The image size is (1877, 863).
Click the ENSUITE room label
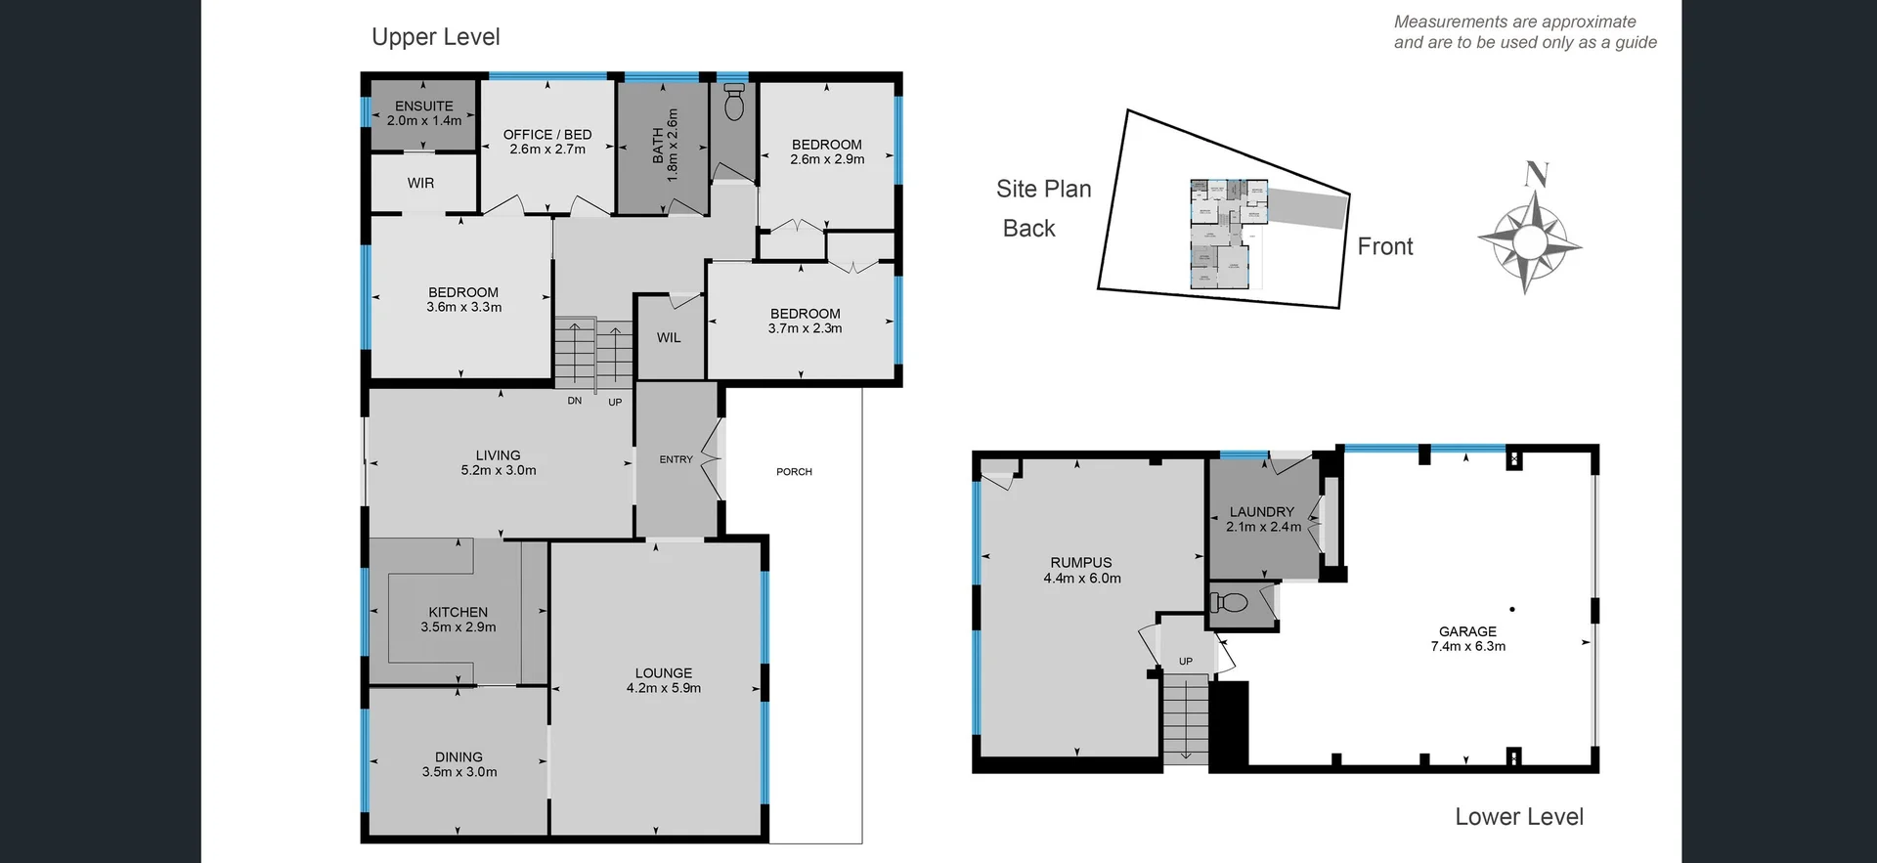coord(423,106)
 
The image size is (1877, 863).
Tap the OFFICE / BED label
coord(546,135)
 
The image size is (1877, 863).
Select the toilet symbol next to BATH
coord(734,100)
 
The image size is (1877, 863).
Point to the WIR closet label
coord(420,183)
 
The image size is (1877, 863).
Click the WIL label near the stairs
coord(669,337)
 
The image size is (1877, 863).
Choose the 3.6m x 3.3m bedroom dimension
coord(463,307)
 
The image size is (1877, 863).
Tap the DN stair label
coord(575,401)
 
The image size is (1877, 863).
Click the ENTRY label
coord(676,459)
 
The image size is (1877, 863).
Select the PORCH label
coord(794,472)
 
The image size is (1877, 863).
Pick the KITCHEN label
coord(458,612)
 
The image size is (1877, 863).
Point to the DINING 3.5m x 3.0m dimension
coord(459,772)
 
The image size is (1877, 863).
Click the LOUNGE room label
coord(663,672)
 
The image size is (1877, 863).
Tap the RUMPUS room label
coord(1081,562)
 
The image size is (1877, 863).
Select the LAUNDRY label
coord(1261,511)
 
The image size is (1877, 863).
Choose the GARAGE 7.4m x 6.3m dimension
coord(1467,646)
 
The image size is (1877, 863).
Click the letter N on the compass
coord(1536,174)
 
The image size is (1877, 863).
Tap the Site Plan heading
coord(1043,189)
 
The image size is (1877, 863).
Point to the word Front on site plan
coord(1384,246)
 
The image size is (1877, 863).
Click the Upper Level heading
coord(435,37)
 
